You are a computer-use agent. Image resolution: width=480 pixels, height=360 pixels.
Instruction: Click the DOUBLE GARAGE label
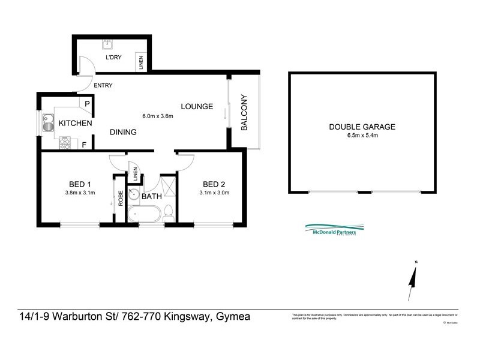pyautogui.click(x=362, y=127)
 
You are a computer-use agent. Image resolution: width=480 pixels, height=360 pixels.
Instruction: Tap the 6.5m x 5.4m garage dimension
pyautogui.click(x=362, y=136)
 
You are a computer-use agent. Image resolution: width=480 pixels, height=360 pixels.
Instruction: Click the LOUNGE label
pyautogui.click(x=197, y=107)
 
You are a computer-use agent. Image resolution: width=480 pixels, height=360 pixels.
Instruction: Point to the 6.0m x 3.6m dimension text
pyautogui.click(x=157, y=116)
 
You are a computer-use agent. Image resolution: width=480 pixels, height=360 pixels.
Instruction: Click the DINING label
pyautogui.click(x=123, y=132)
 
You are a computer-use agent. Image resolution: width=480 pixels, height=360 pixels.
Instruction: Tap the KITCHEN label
pyautogui.click(x=75, y=124)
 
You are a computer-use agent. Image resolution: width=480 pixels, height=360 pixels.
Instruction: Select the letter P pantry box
pyautogui.click(x=87, y=104)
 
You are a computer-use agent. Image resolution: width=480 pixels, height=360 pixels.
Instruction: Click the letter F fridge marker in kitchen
pyautogui.click(x=83, y=145)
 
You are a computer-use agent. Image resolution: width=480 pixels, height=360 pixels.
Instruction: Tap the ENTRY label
pyautogui.click(x=103, y=85)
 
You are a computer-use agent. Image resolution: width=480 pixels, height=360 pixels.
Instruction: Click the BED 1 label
pyautogui.click(x=80, y=184)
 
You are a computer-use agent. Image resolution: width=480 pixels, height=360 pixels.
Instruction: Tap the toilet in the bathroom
pyautogui.click(x=169, y=212)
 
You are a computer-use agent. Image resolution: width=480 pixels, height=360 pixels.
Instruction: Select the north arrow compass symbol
pyautogui.click(x=412, y=282)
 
